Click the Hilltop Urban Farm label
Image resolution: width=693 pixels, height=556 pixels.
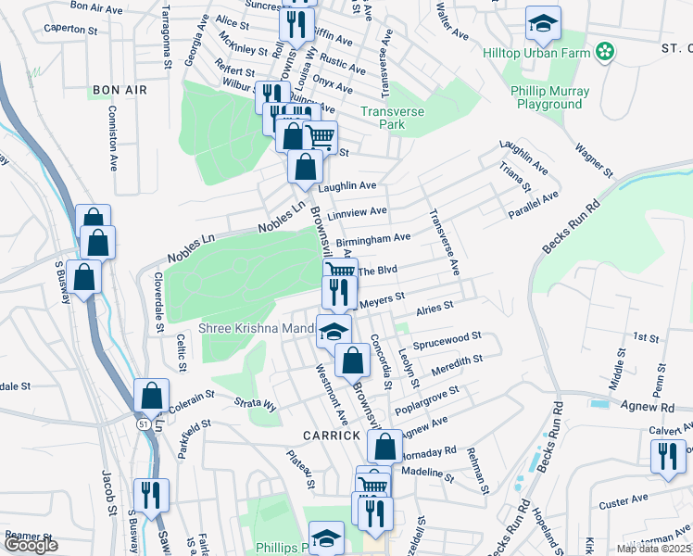pos(535,52)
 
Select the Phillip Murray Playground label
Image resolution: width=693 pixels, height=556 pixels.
pos(547,97)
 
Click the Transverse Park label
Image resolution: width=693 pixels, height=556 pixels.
pos(392,118)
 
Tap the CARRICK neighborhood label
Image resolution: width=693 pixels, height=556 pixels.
pos(329,435)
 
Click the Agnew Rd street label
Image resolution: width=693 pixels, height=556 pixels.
pos(644,407)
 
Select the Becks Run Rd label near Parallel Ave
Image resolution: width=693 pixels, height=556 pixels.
pos(572,226)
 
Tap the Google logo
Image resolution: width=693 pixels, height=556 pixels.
pos(31,545)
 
